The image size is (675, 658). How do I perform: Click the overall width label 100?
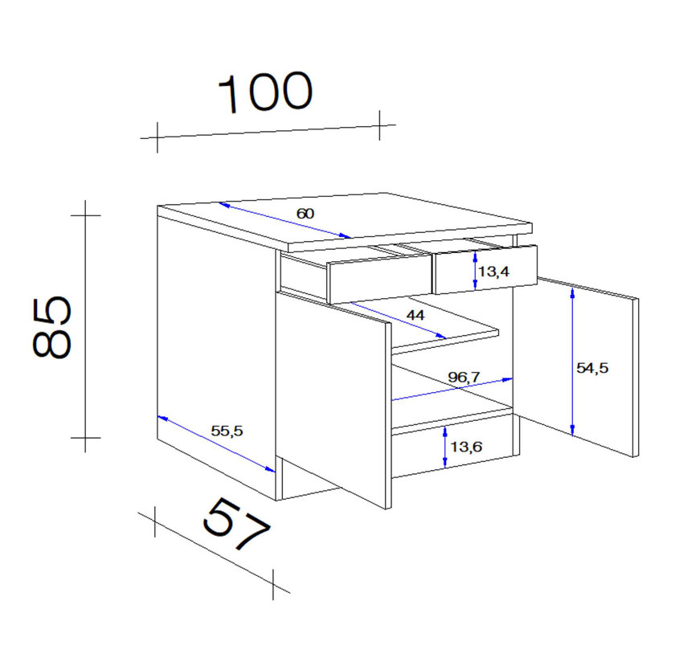pos(266,92)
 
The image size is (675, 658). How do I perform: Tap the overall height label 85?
pos(51,327)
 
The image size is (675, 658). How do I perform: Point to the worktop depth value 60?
pos(305,214)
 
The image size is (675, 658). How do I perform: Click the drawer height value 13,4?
pos(493,272)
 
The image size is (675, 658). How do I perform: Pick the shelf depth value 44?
pos(415,316)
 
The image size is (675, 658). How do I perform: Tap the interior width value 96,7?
pos(464,377)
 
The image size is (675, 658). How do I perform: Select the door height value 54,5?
pos(592,368)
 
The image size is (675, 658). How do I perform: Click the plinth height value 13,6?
pos(466,447)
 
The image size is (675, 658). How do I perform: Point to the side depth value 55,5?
pos(227,431)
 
